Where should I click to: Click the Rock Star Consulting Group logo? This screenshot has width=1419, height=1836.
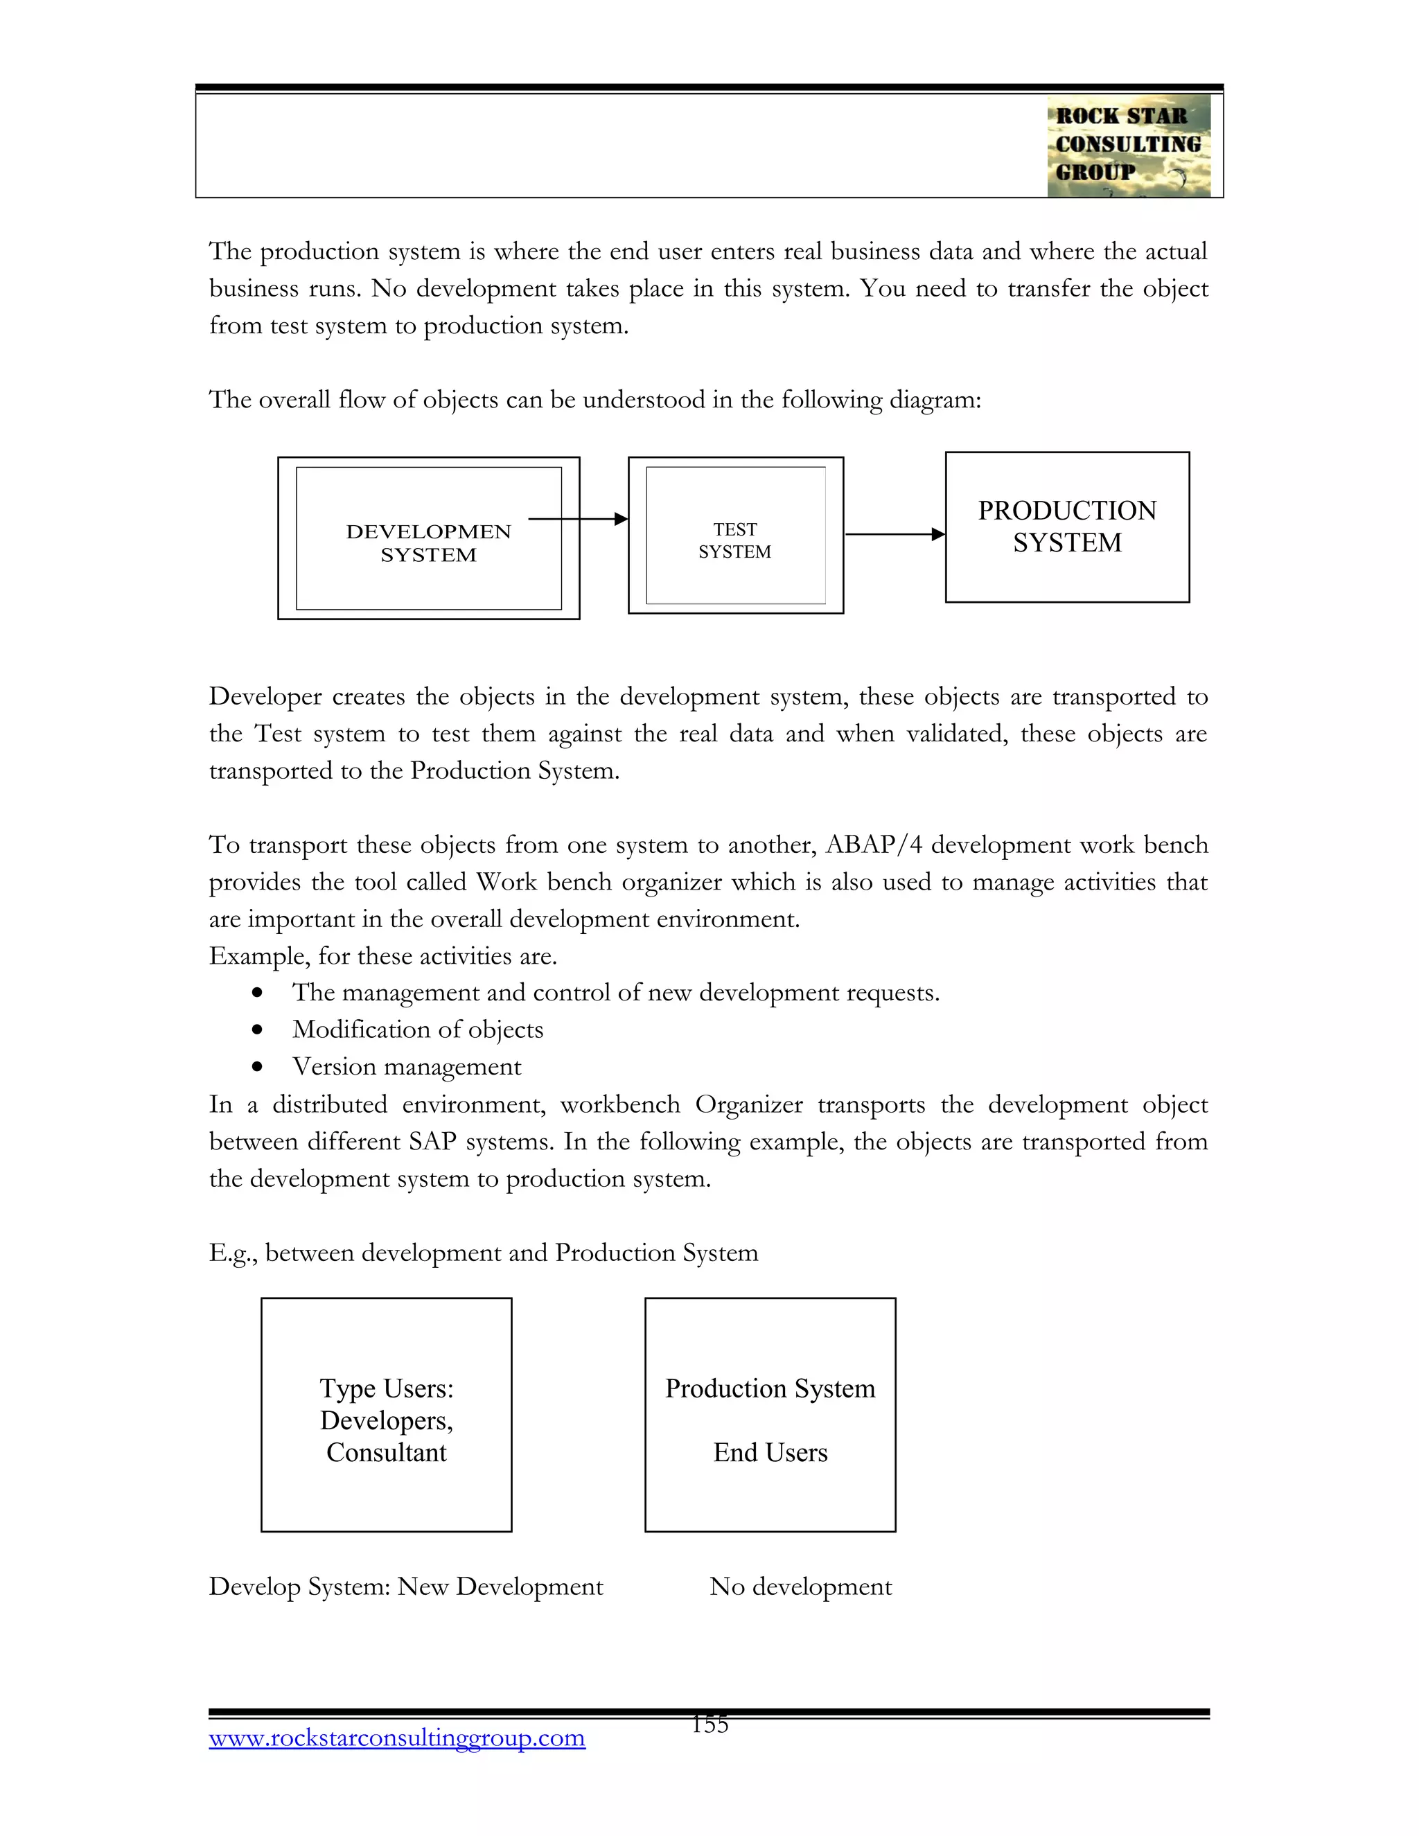[x=1128, y=145]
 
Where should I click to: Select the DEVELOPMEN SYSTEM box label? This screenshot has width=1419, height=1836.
[x=428, y=543]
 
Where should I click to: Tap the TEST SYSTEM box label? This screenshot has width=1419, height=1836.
[x=734, y=540]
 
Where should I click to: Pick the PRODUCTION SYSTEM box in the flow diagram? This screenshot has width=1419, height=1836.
[x=1067, y=527]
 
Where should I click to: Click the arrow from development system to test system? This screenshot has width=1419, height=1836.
[x=579, y=520]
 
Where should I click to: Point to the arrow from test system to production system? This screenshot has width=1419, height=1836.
[x=894, y=533]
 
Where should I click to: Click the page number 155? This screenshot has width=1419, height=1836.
[x=709, y=1724]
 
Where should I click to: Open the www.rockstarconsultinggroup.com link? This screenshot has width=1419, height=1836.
[x=397, y=1738]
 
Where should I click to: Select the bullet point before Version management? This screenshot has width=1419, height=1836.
[x=257, y=1067]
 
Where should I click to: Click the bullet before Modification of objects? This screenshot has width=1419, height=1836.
[x=257, y=1030]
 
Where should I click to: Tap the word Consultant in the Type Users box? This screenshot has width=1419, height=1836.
[x=387, y=1453]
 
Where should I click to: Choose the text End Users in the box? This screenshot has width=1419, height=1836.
[x=770, y=1453]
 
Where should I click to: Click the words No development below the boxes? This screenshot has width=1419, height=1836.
[x=800, y=1587]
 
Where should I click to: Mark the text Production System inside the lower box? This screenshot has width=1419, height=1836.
[x=770, y=1388]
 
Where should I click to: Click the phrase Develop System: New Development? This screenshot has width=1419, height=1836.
[x=406, y=1587]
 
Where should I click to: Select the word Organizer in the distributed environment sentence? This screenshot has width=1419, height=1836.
[x=748, y=1104]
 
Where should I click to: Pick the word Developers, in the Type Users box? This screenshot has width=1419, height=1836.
[x=387, y=1421]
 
